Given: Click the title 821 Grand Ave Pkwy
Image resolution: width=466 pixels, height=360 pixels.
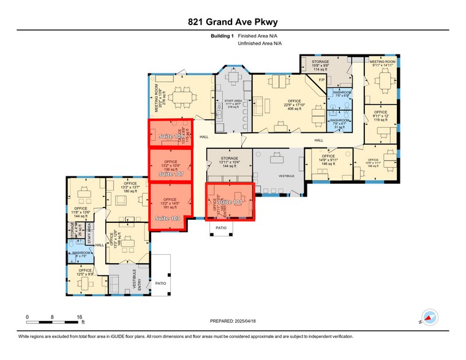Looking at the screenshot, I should [233, 22].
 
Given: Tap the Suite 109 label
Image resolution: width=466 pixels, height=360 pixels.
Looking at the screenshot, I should [171, 136].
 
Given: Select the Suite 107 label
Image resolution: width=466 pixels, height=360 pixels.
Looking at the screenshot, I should [171, 174].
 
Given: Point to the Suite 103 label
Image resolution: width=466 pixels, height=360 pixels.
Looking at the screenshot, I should [167, 218].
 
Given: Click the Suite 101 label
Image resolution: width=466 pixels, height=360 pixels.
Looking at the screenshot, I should [231, 201].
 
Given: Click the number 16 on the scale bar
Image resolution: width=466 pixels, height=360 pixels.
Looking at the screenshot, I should [80, 317].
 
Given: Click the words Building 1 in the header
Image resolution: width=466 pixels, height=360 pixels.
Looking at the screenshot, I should [222, 37].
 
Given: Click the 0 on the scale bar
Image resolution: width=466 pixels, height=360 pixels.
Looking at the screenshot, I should [27, 317].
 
